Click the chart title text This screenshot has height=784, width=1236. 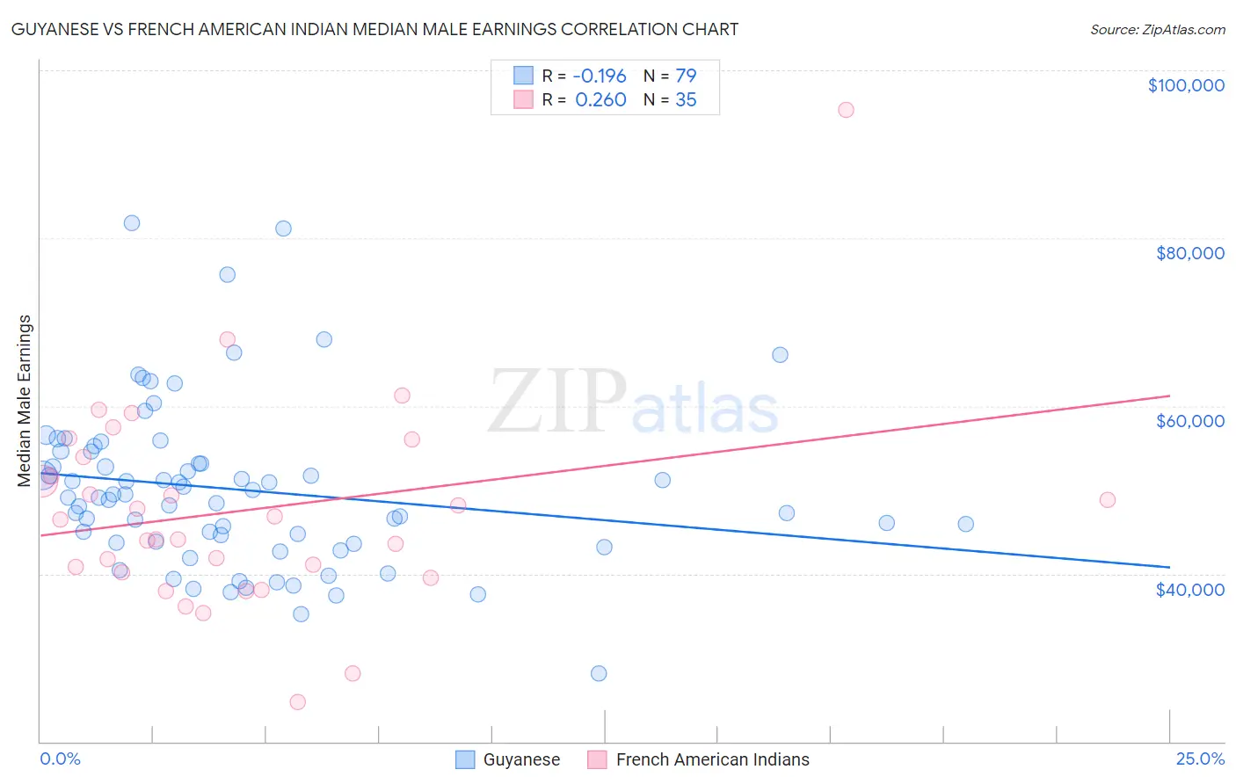tap(374, 29)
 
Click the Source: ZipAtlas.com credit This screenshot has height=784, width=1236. tap(1157, 29)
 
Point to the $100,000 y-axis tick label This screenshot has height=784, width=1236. tap(1186, 85)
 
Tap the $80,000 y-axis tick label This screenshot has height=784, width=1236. tap(1189, 253)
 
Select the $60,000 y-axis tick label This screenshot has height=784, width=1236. tap(1189, 421)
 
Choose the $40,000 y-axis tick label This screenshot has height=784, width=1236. tap(1189, 589)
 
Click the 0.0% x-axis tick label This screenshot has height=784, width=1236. tap(60, 759)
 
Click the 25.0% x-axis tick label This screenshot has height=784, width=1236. tap(1200, 759)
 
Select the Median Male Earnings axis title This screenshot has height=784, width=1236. tap(25, 400)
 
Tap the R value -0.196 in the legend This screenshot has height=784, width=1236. tap(600, 76)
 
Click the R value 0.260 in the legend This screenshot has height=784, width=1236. tap(600, 99)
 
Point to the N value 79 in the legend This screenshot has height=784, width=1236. tap(686, 76)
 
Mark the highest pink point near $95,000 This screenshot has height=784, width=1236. tap(846, 110)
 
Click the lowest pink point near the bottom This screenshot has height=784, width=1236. tap(297, 701)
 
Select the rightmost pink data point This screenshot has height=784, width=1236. tap(1107, 500)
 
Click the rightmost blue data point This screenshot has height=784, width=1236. tap(965, 524)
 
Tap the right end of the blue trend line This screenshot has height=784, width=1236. tap(1169, 567)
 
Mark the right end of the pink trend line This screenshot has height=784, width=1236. tap(1169, 396)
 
